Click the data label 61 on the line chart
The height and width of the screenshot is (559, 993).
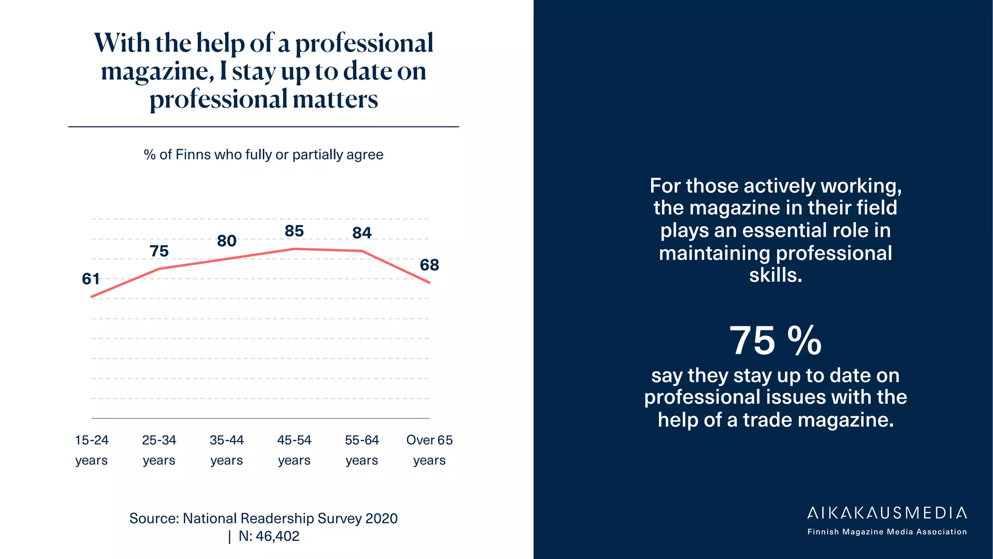point(91,279)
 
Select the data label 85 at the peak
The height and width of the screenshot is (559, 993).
point(294,231)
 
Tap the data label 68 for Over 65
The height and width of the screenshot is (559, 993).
point(429,265)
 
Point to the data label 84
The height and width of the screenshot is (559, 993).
point(362,233)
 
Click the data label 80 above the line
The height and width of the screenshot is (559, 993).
point(226,241)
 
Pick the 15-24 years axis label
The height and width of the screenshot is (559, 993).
point(91,450)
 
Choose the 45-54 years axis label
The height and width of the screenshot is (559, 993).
point(294,450)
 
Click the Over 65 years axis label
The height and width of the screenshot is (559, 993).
point(429,450)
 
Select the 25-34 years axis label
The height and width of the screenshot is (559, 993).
point(159,450)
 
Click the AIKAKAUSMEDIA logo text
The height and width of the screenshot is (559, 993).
point(887,513)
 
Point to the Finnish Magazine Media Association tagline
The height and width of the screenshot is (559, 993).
point(887,532)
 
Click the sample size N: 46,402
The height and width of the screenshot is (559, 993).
point(269,536)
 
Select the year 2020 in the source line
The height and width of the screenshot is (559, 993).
point(381,519)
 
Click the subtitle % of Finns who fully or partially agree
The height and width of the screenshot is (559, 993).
point(263,155)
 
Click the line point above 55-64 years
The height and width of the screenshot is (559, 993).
point(362,251)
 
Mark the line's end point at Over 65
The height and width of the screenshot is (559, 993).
point(429,282)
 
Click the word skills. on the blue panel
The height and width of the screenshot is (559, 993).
point(775,275)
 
